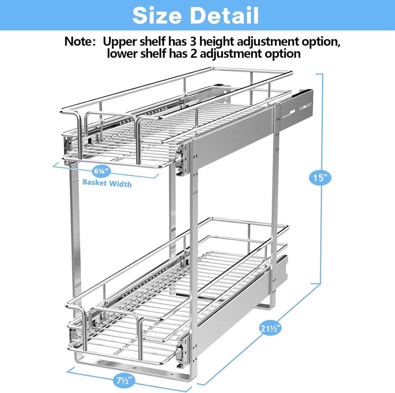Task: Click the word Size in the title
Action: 157,16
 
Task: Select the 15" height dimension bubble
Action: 320,178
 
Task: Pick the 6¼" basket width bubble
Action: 101,171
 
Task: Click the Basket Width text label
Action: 107,183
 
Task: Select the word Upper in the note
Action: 119,41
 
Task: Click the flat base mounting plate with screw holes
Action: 131,366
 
